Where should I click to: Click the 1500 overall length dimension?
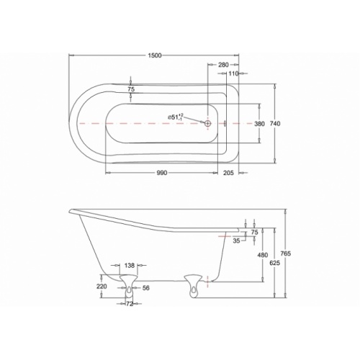[x=155, y=55]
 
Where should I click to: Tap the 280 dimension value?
[x=223, y=65]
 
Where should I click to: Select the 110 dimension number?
[x=233, y=73]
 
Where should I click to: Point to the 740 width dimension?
[x=275, y=124]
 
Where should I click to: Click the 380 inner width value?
[x=259, y=124]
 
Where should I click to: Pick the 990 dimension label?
[x=162, y=173]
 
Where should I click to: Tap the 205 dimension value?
[x=228, y=173]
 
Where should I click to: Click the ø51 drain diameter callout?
[x=176, y=117]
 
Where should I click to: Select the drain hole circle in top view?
[x=208, y=123]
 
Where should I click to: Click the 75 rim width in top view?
[x=131, y=89]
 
